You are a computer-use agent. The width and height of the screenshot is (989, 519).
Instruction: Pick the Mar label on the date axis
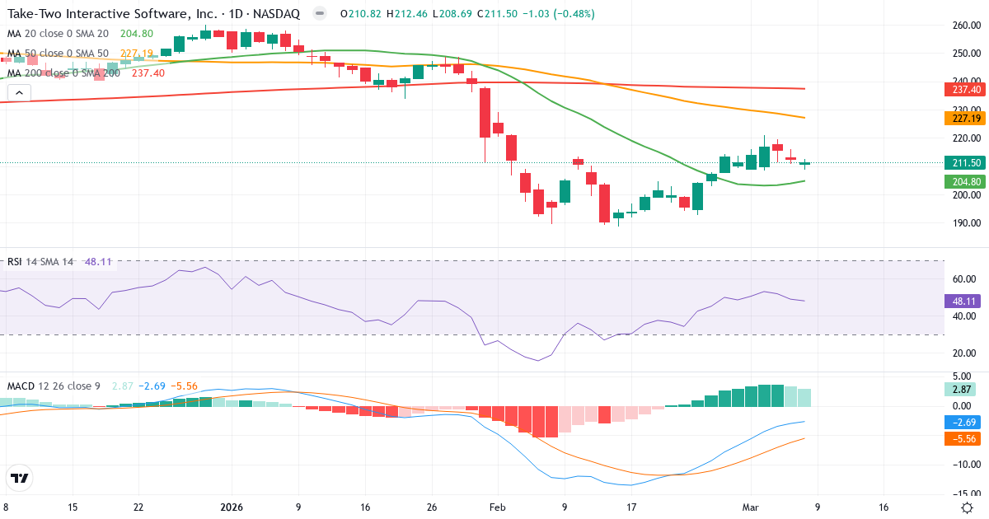pyautogui.click(x=751, y=507)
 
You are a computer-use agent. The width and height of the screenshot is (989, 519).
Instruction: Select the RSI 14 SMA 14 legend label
pyautogui.click(x=40, y=262)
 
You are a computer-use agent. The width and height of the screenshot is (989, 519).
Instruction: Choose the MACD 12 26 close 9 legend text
pyautogui.click(x=54, y=386)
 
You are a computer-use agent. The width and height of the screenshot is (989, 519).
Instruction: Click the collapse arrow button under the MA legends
pyautogui.click(x=19, y=93)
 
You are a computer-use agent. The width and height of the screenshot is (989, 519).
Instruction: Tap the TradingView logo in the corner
pyautogui.click(x=20, y=478)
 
